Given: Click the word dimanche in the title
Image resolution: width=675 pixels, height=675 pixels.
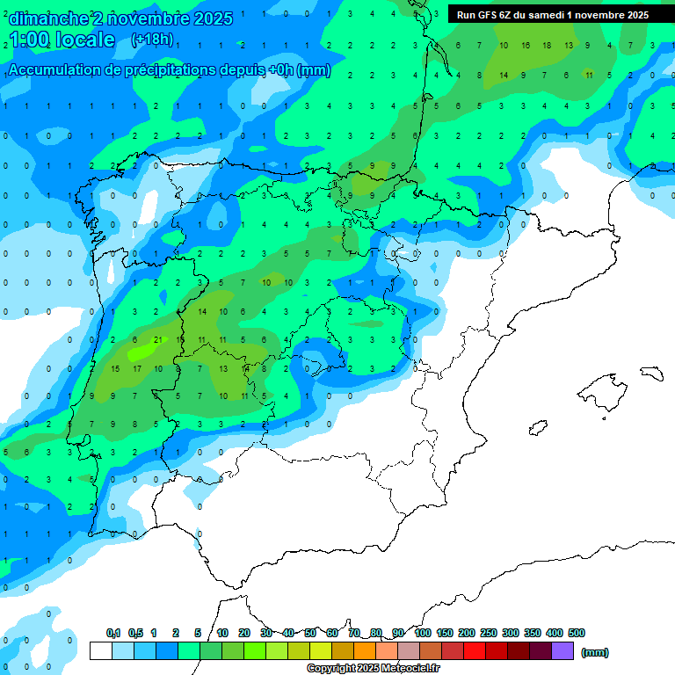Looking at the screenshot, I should pyautogui.click(x=48, y=18).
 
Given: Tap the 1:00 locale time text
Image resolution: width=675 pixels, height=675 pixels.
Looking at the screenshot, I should pyautogui.click(x=62, y=40).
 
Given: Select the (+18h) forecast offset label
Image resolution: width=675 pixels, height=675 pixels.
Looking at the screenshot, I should pyautogui.click(x=151, y=40).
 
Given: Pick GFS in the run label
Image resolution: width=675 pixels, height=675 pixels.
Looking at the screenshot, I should pyautogui.click(x=490, y=15).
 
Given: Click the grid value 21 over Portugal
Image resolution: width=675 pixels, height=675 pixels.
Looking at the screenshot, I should pyautogui.click(x=157, y=339).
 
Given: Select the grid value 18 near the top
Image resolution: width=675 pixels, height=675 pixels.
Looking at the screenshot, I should pyautogui.click(x=547, y=45).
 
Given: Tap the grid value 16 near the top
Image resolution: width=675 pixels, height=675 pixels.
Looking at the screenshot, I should pyautogui.click(x=526, y=45).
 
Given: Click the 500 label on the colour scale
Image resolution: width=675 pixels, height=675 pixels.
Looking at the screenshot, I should pyautogui.click(x=577, y=633).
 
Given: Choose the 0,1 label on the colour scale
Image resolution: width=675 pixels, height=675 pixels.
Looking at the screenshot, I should pyautogui.click(x=113, y=633).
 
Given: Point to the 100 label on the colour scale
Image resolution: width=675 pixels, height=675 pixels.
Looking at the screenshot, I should pyautogui.click(x=423, y=633).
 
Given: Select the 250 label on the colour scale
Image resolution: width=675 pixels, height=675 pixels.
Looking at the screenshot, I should pyautogui.click(x=489, y=633).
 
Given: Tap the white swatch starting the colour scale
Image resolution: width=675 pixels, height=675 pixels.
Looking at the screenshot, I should pyautogui.click(x=100, y=650).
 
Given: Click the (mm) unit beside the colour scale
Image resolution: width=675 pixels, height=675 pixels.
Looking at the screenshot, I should pyautogui.click(x=595, y=652).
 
